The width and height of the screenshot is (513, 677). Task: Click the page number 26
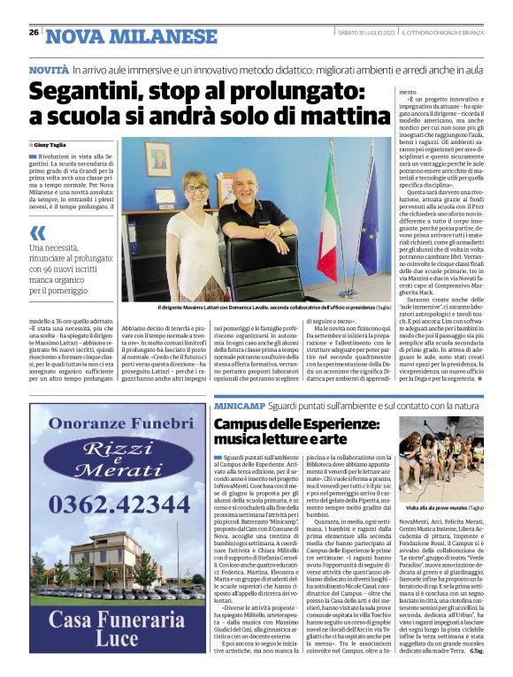click(33, 33)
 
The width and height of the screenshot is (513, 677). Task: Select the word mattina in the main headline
click(320, 118)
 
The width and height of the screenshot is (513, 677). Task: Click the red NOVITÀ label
click(48, 68)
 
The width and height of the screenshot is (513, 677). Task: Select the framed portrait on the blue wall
click(160, 159)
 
